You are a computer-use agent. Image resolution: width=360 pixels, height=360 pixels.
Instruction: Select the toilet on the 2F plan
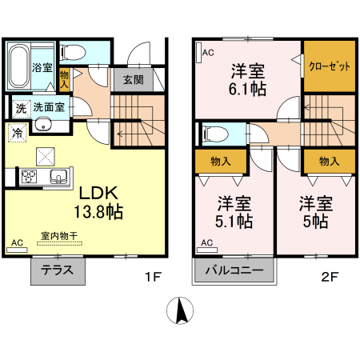pos(212,132)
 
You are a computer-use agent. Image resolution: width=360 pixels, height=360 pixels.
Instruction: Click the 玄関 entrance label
pos(134,79)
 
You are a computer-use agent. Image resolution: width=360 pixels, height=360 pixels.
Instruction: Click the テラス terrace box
pos(58,270)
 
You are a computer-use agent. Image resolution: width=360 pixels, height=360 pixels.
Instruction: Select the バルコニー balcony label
pos(234,270)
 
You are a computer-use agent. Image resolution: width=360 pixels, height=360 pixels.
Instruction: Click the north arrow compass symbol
pos(181,310)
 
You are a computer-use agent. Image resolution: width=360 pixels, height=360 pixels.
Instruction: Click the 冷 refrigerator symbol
pos(17,132)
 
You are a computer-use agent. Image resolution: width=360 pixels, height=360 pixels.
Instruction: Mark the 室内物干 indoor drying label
pos(59,236)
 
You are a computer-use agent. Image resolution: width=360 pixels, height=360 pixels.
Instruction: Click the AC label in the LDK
pos(17,242)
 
